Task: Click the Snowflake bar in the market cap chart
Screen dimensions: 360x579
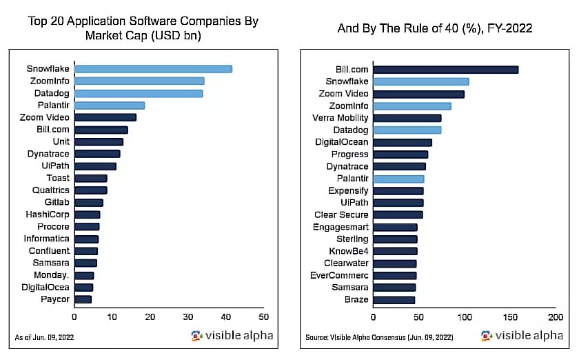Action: point(153,68)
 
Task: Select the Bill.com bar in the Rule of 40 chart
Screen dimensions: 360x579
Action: point(445,69)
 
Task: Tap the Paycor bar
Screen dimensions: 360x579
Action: point(83,299)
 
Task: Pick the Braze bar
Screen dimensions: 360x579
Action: point(394,300)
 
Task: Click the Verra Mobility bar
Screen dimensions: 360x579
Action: point(407,118)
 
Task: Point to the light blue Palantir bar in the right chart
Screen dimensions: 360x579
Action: point(398,179)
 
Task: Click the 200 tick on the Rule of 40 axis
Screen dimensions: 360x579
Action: point(556,317)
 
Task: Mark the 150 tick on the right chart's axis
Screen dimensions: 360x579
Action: point(510,317)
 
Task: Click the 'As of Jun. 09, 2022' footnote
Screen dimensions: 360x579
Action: point(44,337)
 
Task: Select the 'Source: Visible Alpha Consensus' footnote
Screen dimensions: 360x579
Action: point(379,337)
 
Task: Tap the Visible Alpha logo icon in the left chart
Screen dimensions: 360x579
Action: point(196,336)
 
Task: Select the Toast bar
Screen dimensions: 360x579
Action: point(90,178)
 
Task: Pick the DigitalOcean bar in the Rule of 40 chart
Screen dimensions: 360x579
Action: point(403,142)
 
